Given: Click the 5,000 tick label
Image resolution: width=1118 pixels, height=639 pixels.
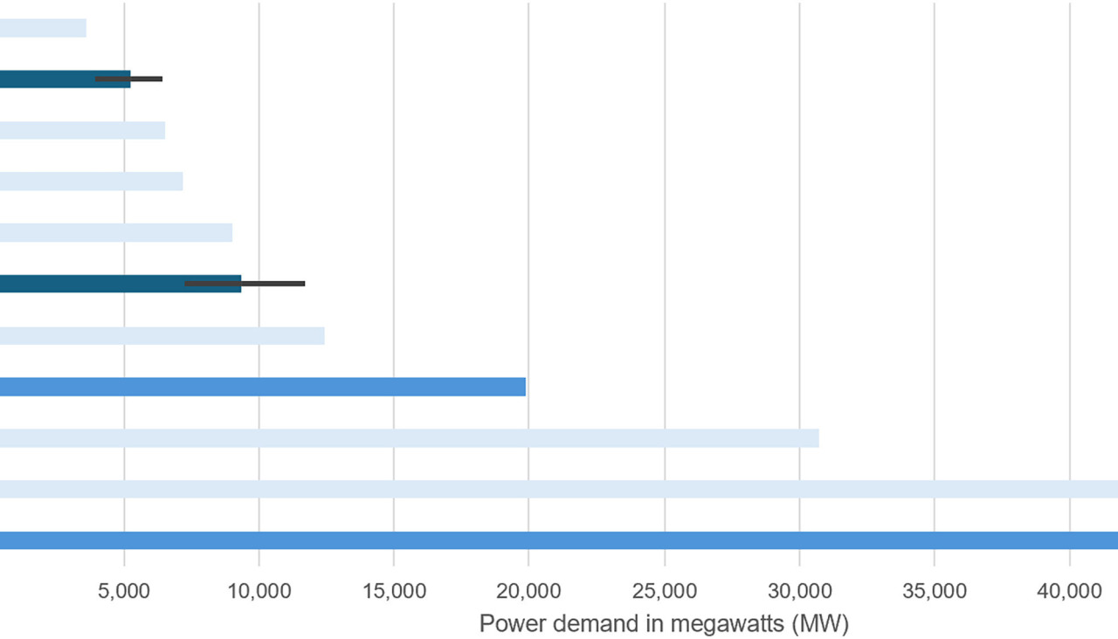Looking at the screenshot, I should pyautogui.click(x=125, y=592).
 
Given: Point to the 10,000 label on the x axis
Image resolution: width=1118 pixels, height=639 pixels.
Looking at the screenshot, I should pyautogui.click(x=259, y=592).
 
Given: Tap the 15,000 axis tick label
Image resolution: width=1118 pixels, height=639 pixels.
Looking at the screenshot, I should pyautogui.click(x=393, y=592).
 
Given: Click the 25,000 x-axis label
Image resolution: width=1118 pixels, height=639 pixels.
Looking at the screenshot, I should pyautogui.click(x=664, y=592).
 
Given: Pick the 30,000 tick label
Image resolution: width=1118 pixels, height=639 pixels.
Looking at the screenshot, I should pyautogui.click(x=799, y=592).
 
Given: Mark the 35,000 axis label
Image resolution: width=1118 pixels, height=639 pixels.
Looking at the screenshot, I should pyautogui.click(x=934, y=592).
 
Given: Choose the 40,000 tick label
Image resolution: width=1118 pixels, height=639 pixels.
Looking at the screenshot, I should pyautogui.click(x=1069, y=592).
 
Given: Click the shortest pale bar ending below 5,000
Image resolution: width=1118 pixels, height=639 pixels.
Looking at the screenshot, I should pyautogui.click(x=43, y=28).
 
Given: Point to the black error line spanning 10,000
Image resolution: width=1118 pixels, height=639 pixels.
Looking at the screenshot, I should pyautogui.click(x=245, y=284).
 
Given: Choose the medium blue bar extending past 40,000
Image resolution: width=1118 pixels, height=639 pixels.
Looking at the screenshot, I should pyautogui.click(x=559, y=540).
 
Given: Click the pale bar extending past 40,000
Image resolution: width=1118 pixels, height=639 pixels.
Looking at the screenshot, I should pyautogui.click(x=559, y=489).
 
